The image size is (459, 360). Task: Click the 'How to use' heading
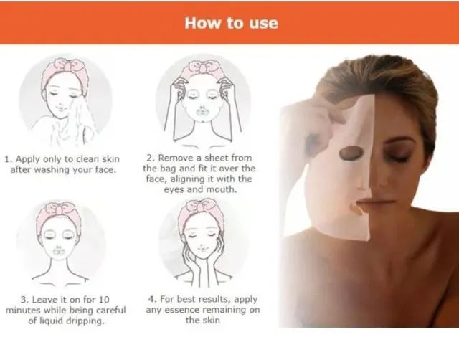230,22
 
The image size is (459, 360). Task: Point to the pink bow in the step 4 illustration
204,207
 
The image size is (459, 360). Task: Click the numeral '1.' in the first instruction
9,158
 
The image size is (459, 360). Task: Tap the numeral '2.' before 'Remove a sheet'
150,158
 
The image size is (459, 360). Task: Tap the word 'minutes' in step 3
22,310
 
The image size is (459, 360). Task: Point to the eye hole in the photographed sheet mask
351,153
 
